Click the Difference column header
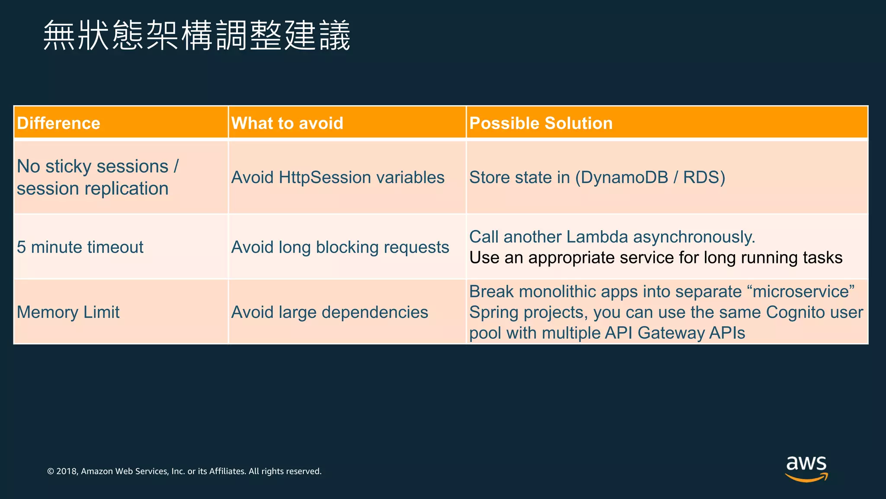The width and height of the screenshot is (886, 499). coord(59,123)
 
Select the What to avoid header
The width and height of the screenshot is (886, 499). coord(287,123)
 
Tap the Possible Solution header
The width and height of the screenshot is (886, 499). coord(541,123)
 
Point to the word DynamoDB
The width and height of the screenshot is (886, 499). coord(624,178)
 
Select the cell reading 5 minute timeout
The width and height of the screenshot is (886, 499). coord(80,247)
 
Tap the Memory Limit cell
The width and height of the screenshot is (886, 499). coord(68,312)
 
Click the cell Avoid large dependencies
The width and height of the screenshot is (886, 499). coord(330,312)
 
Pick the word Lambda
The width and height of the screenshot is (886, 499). coord(597,237)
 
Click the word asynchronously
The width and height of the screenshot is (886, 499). coord(694,237)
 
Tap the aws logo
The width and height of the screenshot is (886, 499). coord(806,468)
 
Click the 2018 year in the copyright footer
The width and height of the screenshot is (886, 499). coord(67,471)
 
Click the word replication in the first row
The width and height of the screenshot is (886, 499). coord(126,189)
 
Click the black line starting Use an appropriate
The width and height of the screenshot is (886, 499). coord(655,258)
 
